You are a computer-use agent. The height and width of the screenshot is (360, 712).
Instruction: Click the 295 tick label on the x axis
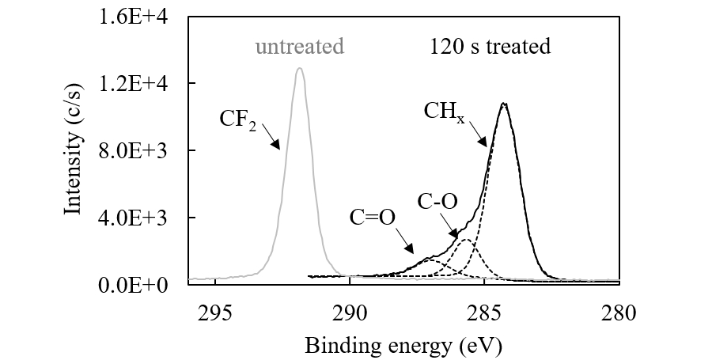[x=215, y=313]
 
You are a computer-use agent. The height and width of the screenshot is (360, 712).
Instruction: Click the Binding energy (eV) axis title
[x=403, y=345]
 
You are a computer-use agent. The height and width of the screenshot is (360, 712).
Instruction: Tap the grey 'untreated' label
[x=299, y=47]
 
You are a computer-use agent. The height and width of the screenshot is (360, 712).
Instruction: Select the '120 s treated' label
[x=490, y=47]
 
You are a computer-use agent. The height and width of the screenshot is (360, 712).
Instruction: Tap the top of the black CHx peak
[x=503, y=103]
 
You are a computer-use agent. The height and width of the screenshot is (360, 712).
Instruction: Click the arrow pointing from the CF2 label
[x=270, y=136]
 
